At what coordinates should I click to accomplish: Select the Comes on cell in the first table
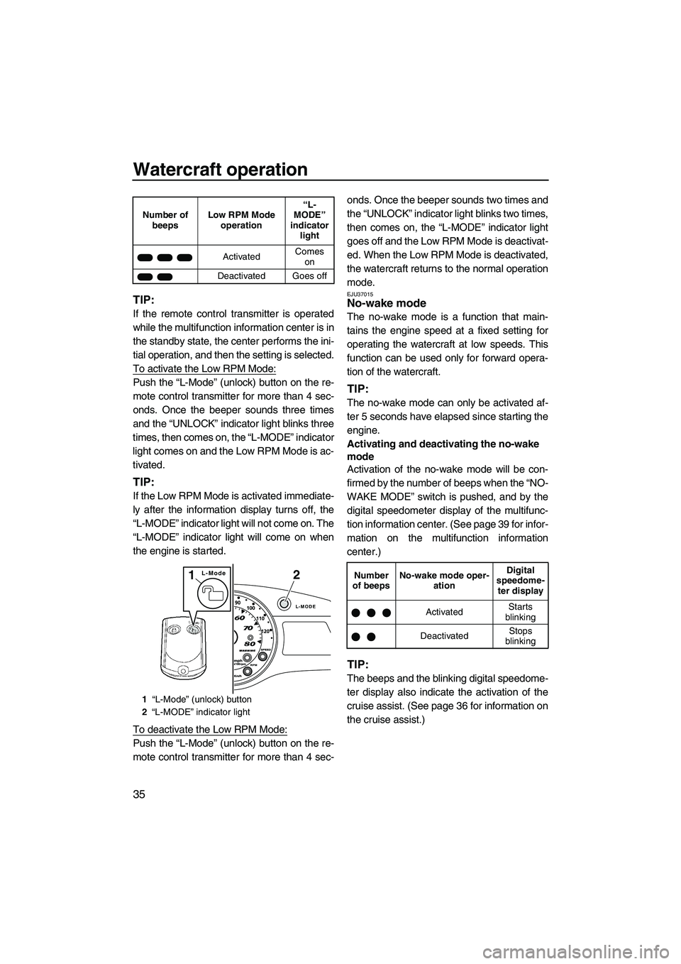point(309,256)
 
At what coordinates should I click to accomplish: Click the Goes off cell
point(309,275)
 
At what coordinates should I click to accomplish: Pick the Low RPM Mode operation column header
point(241,219)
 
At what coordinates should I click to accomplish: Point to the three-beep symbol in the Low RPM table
point(165,256)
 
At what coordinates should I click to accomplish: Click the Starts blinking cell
point(520,612)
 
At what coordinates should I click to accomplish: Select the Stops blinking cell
point(520,636)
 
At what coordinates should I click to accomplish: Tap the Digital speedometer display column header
point(520,580)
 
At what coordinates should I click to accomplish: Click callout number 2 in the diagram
point(297,576)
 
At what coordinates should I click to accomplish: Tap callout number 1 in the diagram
point(192,576)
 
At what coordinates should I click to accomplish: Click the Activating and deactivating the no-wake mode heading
point(443,450)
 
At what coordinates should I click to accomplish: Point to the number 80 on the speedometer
point(249,642)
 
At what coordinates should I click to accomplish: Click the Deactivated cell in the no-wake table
point(444,636)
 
